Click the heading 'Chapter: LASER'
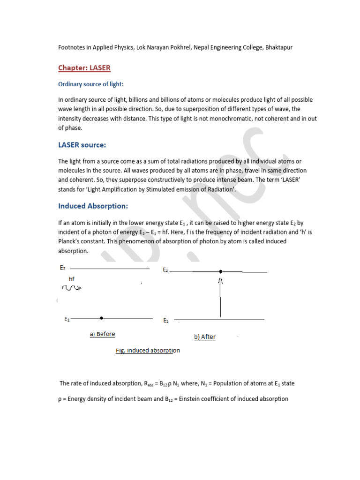[x=84, y=68]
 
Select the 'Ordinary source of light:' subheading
[x=90, y=84]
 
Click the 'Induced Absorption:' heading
[x=93, y=206]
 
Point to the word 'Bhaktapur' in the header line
[x=279, y=48]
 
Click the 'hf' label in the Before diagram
[x=71, y=279]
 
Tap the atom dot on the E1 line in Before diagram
[x=101, y=318]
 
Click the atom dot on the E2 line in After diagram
[x=221, y=271]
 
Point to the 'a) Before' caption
[x=102, y=334]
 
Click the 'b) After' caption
[x=205, y=337]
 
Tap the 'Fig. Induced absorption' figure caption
[x=148, y=350]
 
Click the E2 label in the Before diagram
[x=62, y=268]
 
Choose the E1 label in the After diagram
[x=166, y=321]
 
